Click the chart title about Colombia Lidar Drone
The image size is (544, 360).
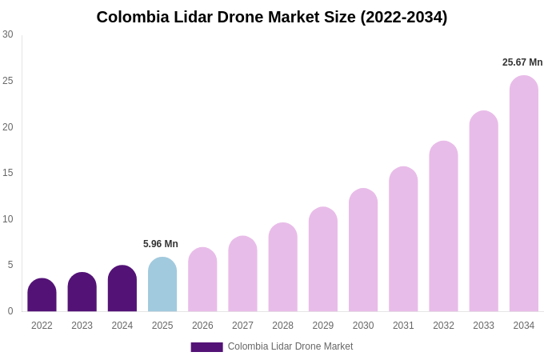point(272,17)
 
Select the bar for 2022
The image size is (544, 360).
point(42,295)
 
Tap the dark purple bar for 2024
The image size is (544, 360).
point(122,289)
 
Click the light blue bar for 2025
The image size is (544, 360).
point(162,285)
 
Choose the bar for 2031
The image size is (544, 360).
point(403,239)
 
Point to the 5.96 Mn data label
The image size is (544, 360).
point(161,244)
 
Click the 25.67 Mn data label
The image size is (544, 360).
point(522,62)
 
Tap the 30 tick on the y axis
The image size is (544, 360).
point(8,34)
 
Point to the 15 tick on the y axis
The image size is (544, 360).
point(8,173)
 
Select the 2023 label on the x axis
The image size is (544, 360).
point(82,326)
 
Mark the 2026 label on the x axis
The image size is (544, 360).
point(202,326)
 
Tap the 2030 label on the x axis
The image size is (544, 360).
point(363,326)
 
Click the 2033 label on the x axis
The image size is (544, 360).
point(483,326)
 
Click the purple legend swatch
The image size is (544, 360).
point(206,347)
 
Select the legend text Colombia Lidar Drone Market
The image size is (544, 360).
point(290,346)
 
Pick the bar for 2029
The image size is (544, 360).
point(323,259)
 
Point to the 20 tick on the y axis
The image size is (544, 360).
point(8,126)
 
